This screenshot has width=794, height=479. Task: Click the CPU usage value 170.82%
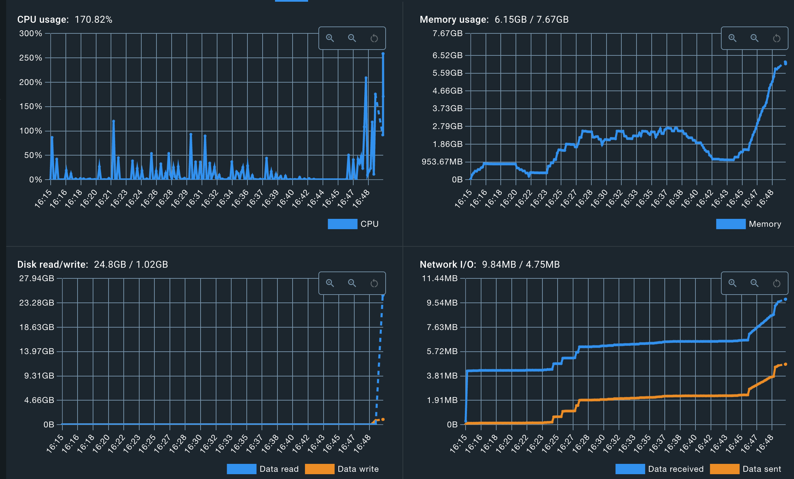point(93,20)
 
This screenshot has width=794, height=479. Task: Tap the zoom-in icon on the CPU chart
point(330,38)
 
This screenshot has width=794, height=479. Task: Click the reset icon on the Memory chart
point(776,38)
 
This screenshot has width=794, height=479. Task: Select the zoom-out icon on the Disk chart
point(352,283)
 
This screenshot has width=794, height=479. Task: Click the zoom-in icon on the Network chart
point(732,283)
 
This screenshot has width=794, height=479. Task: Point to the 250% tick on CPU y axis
point(30,58)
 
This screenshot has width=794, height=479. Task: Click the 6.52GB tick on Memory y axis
point(447,55)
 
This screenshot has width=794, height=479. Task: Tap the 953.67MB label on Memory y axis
point(442,162)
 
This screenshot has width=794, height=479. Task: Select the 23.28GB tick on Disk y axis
point(37,303)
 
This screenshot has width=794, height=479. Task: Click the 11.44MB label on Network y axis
point(440,278)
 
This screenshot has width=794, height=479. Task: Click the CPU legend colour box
point(342,224)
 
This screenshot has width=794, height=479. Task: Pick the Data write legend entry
point(358,469)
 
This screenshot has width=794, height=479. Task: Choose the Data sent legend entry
point(762,469)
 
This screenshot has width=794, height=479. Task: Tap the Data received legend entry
point(675,469)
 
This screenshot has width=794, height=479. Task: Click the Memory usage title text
point(454,20)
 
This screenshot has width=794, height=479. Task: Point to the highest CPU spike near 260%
point(383,54)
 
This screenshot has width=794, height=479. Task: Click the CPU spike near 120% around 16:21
point(113,121)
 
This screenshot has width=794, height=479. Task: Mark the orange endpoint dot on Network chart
point(785,364)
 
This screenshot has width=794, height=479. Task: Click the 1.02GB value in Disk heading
point(152,265)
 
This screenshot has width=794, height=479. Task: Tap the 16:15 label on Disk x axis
point(55,444)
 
